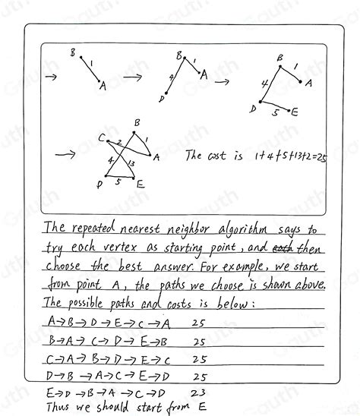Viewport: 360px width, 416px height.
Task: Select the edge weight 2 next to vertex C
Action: [x=118, y=143]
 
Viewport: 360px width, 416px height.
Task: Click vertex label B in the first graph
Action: [x=72, y=53]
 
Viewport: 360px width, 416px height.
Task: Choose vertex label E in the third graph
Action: [x=295, y=112]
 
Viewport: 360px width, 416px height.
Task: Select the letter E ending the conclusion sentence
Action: [x=202, y=406]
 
